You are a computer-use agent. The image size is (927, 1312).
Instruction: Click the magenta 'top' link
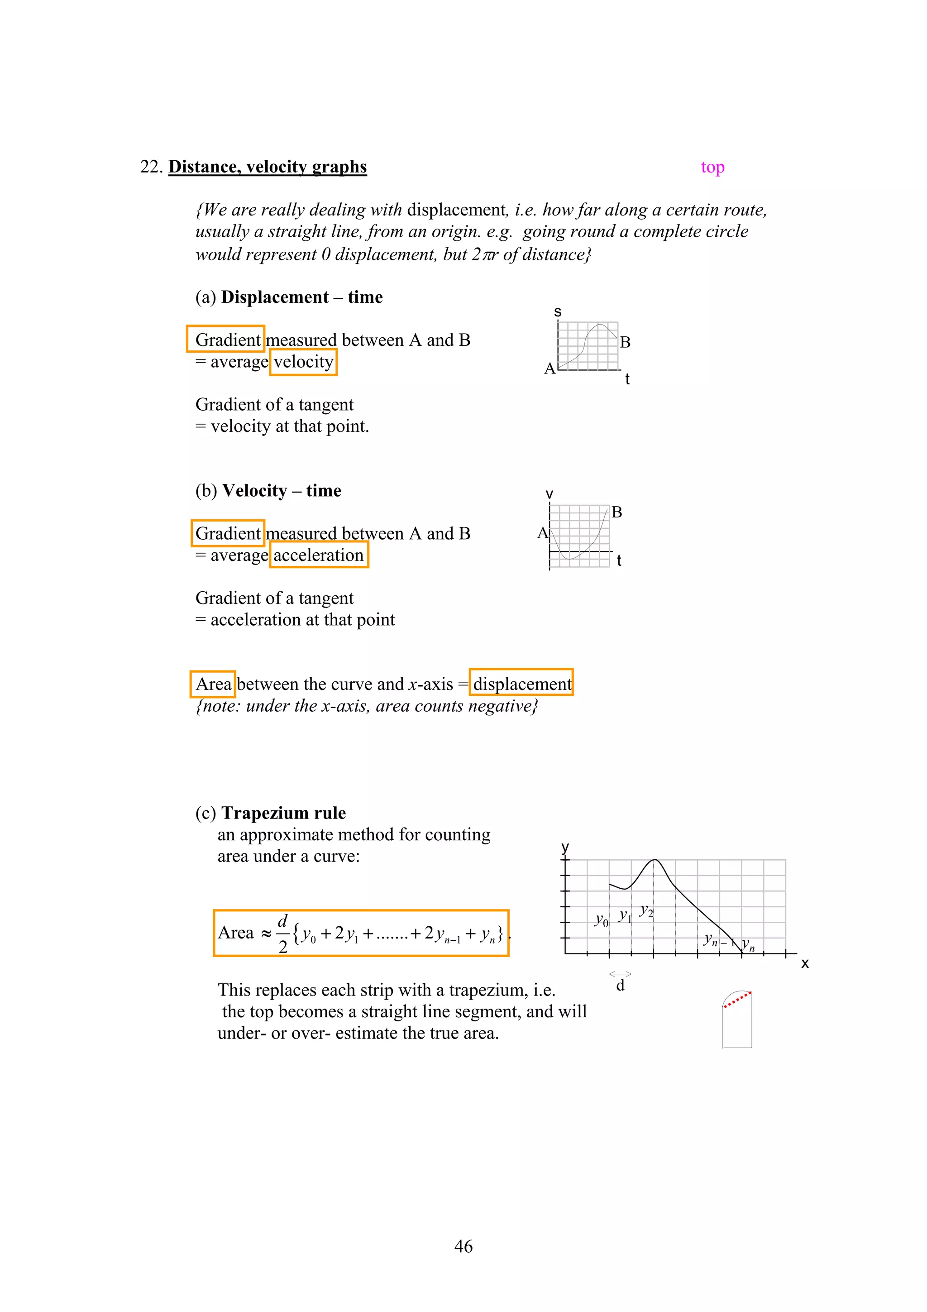point(712,167)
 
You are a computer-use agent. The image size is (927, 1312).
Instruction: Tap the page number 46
point(463,1246)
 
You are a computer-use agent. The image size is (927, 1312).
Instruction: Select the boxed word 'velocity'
point(303,362)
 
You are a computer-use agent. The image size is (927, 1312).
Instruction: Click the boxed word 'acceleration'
point(319,555)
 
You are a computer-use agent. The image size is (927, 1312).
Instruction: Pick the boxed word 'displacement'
point(521,684)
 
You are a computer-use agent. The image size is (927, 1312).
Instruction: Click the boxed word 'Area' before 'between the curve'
point(213,684)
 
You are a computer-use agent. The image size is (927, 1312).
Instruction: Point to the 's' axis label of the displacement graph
point(558,312)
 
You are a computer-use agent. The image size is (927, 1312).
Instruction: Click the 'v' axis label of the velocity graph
point(549,494)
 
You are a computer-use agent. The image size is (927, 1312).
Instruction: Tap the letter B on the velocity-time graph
point(616,512)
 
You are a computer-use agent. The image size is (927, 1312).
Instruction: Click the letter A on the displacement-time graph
point(550,369)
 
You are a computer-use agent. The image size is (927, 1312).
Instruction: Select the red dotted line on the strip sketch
point(737,1000)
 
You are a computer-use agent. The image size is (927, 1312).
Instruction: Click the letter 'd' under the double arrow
point(620,986)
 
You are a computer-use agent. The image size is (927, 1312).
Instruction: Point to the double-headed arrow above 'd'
point(620,973)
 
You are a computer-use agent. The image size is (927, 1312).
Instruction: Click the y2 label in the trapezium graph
point(646,910)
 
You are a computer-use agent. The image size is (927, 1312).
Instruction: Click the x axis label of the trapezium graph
point(804,963)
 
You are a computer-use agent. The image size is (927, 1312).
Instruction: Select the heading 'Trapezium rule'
point(283,813)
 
